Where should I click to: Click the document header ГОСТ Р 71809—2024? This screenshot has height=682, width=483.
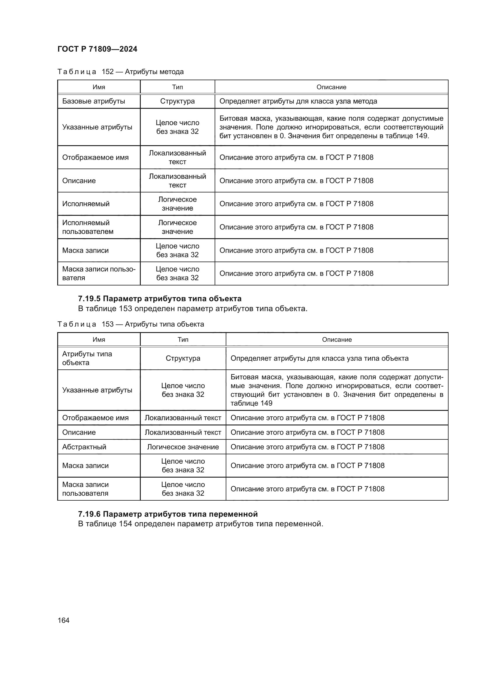pyautogui.click(x=97, y=49)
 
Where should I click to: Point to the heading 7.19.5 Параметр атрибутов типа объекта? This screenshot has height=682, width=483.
pyautogui.click(x=160, y=299)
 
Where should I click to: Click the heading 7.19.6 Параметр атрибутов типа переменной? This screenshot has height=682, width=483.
pyautogui.click(x=168, y=514)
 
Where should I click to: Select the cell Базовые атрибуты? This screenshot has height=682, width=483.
pyautogui.click(x=93, y=101)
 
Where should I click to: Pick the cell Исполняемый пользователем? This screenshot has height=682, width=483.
pyautogui.click(x=88, y=227)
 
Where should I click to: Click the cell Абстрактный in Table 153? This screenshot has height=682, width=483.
pyautogui.click(x=84, y=447)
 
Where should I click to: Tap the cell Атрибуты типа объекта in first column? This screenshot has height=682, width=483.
pyautogui.click(x=87, y=358)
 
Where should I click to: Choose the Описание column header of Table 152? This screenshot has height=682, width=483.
pyautogui.click(x=331, y=87)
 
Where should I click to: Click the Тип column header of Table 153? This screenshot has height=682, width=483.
pyautogui.click(x=183, y=339)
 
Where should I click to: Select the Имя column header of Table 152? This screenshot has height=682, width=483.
pyautogui.click(x=99, y=87)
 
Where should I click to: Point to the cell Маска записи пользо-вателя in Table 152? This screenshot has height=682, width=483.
pyautogui.click(x=98, y=273)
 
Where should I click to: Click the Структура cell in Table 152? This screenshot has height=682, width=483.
pyautogui.click(x=177, y=101)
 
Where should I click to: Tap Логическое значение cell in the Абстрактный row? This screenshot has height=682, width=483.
pyautogui.click(x=183, y=447)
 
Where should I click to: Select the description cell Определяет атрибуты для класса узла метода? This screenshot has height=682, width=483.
pyautogui.click(x=298, y=101)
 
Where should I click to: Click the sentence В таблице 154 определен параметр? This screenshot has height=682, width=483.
pyautogui.click(x=200, y=524)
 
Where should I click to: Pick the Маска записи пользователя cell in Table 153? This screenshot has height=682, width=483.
pyautogui.click(x=85, y=489)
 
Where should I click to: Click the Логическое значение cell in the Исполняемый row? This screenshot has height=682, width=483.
pyautogui.click(x=177, y=204)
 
